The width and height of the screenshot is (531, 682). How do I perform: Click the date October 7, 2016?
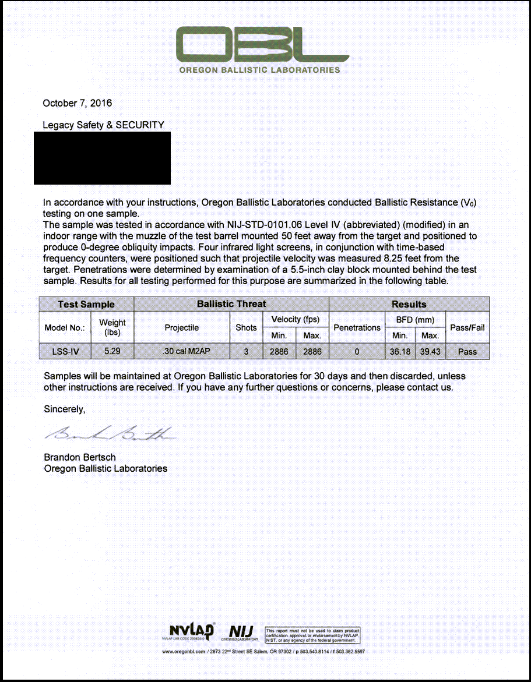[78, 103]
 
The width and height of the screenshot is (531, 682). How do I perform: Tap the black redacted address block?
[102, 158]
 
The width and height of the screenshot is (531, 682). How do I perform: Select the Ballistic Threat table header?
[231, 304]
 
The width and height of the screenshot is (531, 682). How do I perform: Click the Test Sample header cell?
[86, 304]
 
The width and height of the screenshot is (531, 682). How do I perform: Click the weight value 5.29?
[112, 351]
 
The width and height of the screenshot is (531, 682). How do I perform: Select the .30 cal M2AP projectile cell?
[182, 351]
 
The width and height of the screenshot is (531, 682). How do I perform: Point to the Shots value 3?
[246, 351]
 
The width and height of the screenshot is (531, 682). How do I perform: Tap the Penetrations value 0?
[357, 351]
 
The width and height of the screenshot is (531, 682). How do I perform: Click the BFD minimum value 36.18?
[400, 351]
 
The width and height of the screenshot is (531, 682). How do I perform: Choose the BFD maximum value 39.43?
[430, 351]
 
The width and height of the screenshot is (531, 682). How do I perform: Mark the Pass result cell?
[467, 351]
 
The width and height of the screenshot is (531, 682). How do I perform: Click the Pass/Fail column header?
[467, 327]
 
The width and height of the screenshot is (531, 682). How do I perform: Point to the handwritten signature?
[108, 433]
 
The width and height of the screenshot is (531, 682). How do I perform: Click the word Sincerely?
[65, 409]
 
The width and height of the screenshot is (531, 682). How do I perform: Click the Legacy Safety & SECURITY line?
[103, 125]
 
